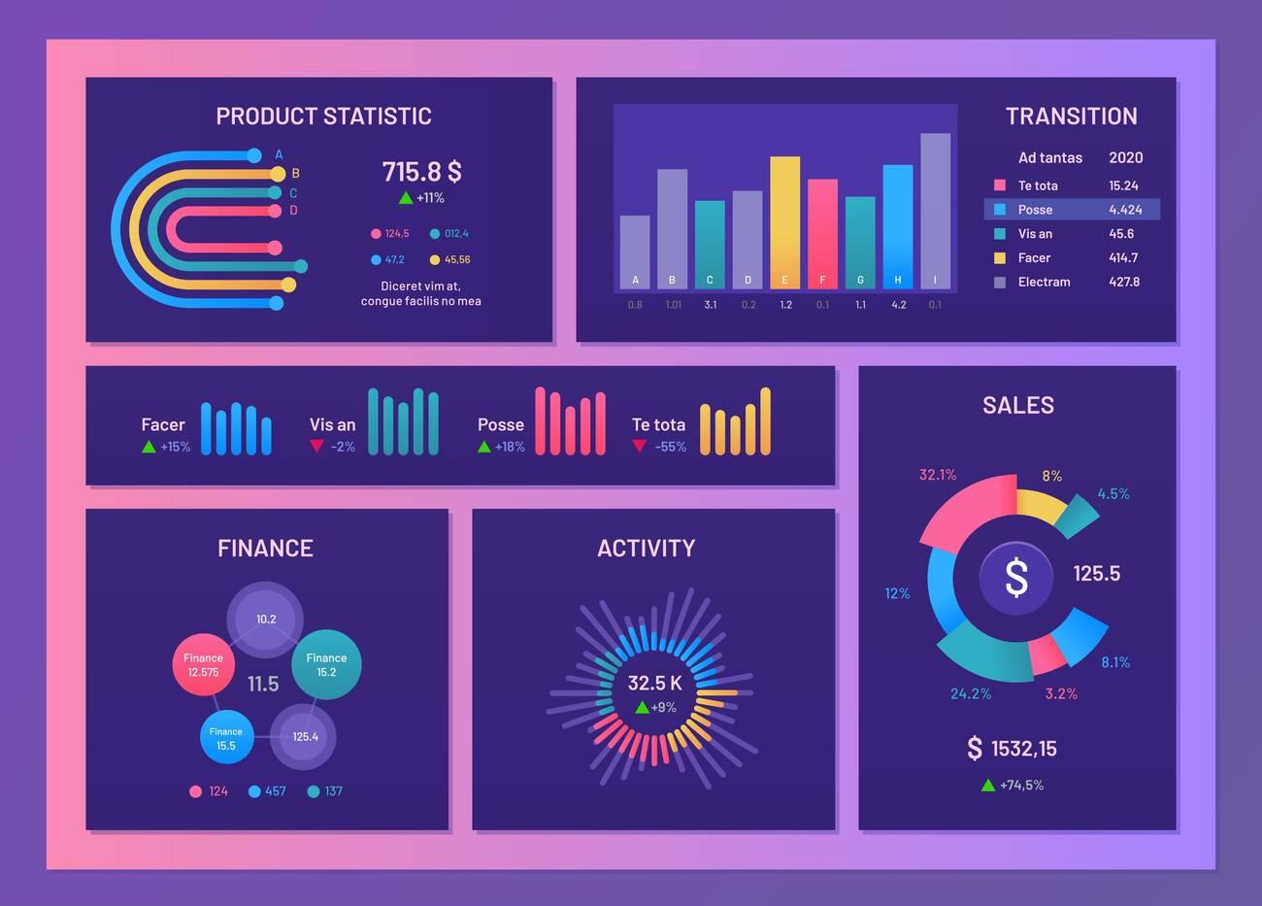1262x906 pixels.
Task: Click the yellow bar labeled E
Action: pyautogui.click(x=784, y=222)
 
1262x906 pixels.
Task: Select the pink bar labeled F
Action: pyautogui.click(x=822, y=233)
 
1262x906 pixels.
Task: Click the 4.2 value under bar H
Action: pyautogui.click(x=898, y=305)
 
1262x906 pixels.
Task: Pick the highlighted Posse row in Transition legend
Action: pyautogui.click(x=1072, y=210)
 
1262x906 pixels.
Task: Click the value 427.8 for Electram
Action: pyautogui.click(x=1124, y=283)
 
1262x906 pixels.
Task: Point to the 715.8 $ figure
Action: pyautogui.click(x=421, y=172)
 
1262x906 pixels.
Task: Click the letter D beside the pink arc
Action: pyautogui.click(x=293, y=211)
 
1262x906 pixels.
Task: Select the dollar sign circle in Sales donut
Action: pyautogui.click(x=1015, y=578)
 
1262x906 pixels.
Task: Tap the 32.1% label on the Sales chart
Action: pyautogui.click(x=938, y=475)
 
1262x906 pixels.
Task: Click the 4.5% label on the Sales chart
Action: pyautogui.click(x=1113, y=494)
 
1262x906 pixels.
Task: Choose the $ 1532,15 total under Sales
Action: pyautogui.click(x=1013, y=749)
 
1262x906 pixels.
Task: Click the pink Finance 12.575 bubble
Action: pyautogui.click(x=204, y=665)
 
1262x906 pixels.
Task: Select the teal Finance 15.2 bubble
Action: pyautogui.click(x=326, y=665)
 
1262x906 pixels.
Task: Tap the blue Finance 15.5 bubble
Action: pyautogui.click(x=226, y=738)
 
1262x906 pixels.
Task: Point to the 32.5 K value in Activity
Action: pyautogui.click(x=654, y=684)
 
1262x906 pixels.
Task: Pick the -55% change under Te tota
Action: pyautogui.click(x=670, y=448)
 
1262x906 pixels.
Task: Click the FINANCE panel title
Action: pyautogui.click(x=265, y=549)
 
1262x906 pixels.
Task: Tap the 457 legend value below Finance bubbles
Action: pyautogui.click(x=275, y=791)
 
